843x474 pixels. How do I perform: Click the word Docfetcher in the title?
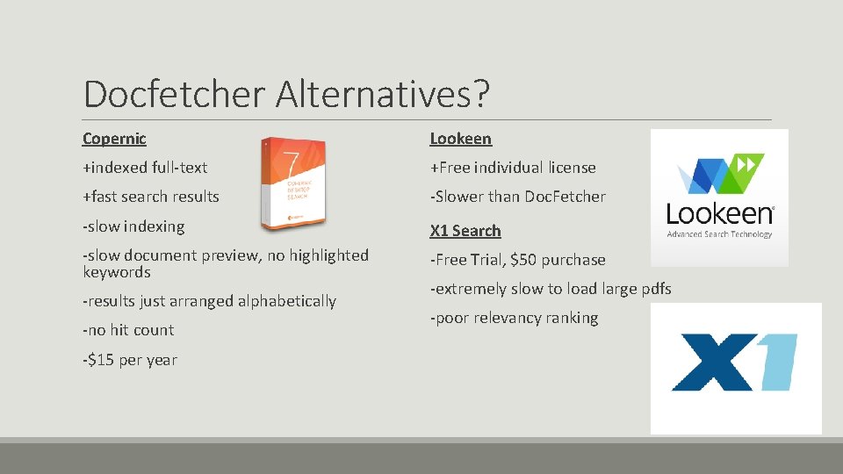coord(175,94)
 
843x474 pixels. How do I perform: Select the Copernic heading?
coord(114,139)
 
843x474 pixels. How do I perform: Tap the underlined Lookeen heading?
coord(460,139)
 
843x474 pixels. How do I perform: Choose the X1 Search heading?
coord(465,231)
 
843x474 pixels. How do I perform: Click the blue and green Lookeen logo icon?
coord(719,175)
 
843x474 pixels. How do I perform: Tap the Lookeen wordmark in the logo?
coord(719,214)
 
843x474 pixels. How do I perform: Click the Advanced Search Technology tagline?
coord(719,234)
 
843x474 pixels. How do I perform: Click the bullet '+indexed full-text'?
coord(144,168)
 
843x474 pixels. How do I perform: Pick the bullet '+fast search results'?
coord(150,197)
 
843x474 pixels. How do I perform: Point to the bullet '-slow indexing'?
coord(133,226)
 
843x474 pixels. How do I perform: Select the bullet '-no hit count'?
coord(128,330)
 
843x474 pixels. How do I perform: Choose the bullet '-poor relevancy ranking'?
coord(514,318)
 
